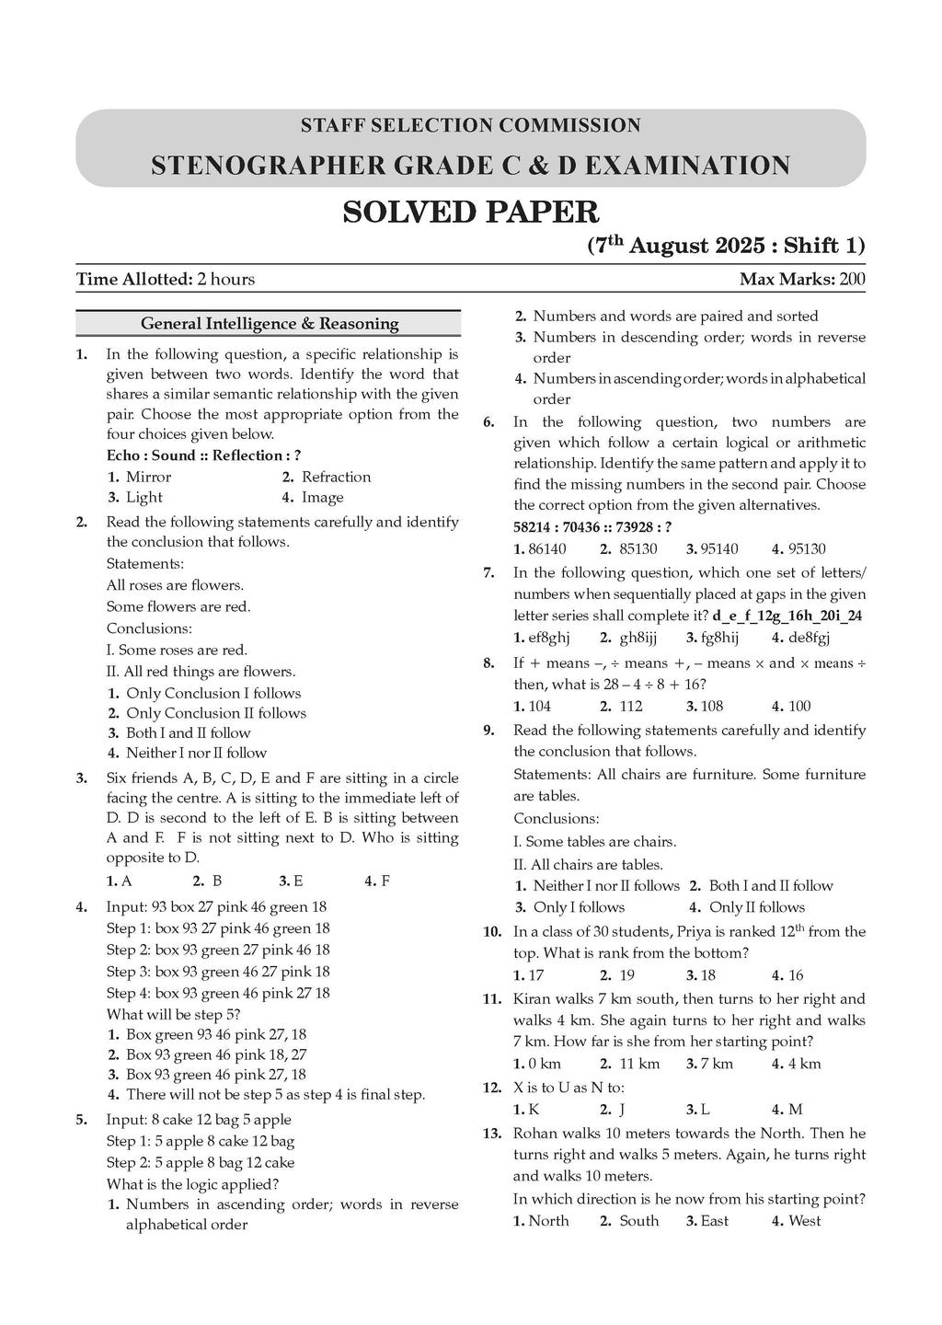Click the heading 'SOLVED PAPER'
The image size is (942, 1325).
(470, 213)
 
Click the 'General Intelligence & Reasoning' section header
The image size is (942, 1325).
(269, 324)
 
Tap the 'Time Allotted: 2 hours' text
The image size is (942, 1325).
(166, 279)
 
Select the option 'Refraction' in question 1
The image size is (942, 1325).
(336, 477)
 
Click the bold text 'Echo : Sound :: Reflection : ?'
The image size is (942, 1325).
(203, 455)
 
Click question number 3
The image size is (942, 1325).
(82, 778)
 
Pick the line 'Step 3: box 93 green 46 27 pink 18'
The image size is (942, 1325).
(218, 972)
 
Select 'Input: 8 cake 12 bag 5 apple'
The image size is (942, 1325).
(199, 1120)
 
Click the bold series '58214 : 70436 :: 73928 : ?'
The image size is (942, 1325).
(592, 526)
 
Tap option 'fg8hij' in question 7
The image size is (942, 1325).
(718, 638)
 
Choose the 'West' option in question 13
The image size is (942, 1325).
(804, 1221)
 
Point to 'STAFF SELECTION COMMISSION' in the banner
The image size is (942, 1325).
(470, 125)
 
